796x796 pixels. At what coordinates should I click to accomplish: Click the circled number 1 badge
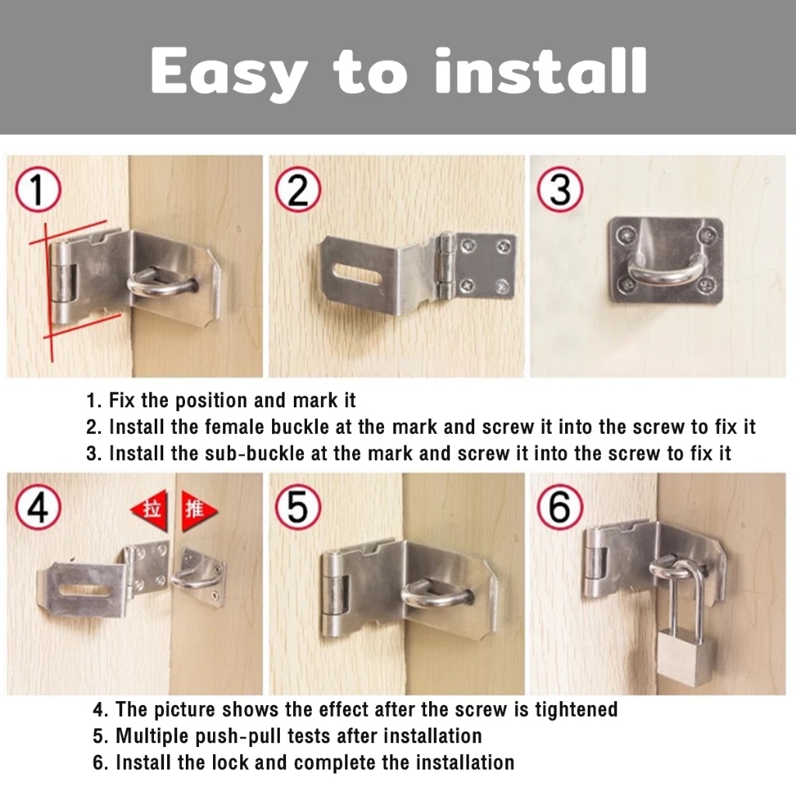[x=37, y=190]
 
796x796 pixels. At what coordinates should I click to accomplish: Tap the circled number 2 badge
[x=298, y=190]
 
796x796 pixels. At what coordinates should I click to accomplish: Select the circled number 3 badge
[x=560, y=190]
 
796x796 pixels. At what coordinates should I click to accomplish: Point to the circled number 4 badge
[x=37, y=507]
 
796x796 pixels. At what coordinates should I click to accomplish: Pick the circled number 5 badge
[x=298, y=507]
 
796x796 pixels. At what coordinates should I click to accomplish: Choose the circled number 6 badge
[x=560, y=507]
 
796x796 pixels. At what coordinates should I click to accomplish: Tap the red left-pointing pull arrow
[x=149, y=510]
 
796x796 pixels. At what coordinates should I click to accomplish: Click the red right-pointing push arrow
[x=199, y=510]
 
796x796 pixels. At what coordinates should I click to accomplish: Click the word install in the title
[x=541, y=71]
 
